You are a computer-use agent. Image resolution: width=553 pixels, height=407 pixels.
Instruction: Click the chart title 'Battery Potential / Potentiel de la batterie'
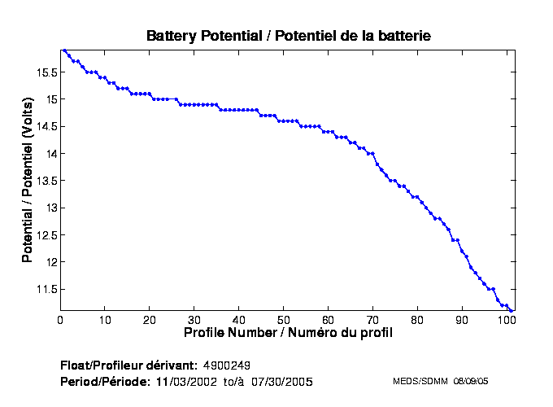tap(288, 36)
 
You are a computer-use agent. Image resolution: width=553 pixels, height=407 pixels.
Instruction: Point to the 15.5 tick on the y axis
tap(46, 72)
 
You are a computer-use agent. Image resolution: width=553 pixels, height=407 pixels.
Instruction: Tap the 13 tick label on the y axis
tap(50, 208)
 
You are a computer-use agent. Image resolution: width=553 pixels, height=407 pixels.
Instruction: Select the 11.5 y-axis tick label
tap(46, 289)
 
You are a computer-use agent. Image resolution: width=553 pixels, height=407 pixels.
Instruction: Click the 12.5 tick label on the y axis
tap(46, 235)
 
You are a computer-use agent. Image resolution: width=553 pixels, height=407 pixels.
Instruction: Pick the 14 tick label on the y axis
tap(50, 153)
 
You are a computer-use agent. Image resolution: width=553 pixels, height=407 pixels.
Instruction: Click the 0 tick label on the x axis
tap(60, 320)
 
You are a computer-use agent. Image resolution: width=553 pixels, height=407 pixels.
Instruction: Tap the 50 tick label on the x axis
tap(284, 320)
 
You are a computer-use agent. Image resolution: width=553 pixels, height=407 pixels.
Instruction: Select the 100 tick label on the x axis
tap(507, 320)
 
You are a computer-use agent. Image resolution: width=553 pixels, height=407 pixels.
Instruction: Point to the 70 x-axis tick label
tap(373, 320)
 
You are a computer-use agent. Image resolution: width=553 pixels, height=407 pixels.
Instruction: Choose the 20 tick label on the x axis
tap(150, 320)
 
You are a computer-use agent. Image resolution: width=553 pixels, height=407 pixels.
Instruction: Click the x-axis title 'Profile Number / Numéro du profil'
tap(288, 333)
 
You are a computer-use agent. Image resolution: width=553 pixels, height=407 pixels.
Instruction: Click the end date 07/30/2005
tap(282, 381)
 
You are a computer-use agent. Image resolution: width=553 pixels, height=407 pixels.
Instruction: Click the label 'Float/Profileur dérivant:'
tap(128, 365)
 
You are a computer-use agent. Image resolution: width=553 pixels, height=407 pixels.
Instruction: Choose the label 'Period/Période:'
tap(105, 381)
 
